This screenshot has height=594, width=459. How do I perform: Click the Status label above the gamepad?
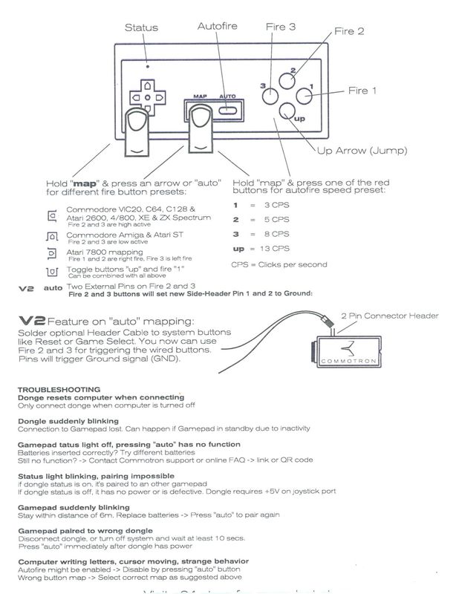tap(140, 27)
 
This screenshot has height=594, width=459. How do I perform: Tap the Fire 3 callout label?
tap(281, 27)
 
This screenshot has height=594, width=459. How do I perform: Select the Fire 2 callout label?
tap(348, 31)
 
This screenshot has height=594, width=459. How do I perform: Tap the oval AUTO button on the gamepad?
tap(229, 112)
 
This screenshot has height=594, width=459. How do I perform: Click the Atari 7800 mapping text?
tap(97, 252)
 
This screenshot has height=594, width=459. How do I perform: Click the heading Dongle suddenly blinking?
tap(64, 421)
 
